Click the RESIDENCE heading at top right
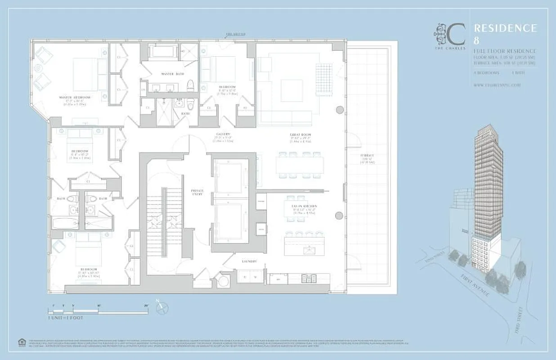click(505, 28)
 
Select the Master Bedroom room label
click(75, 97)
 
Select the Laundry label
click(249, 261)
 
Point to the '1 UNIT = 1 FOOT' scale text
click(66, 318)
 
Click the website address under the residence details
click(497, 85)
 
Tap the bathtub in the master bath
click(165, 51)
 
